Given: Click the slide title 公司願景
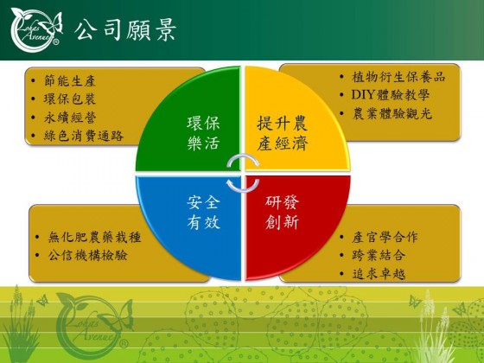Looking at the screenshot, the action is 125,29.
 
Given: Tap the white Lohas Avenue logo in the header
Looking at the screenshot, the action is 36,29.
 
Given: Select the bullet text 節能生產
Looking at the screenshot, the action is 70,81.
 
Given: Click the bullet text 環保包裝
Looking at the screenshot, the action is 70,99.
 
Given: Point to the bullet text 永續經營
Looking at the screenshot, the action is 70,118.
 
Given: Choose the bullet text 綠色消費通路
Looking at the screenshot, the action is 83,136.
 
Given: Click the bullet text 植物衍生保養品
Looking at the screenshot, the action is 398,77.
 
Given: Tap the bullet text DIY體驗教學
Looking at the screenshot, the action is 391,95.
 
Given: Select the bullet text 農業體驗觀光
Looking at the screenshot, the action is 392,113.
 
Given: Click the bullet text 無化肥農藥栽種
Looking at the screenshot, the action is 94,237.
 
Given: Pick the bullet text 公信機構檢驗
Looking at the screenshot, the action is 87,255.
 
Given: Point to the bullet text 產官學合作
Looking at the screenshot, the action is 385,237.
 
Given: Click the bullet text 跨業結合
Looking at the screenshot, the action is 379,255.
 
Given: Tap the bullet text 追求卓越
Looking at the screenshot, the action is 379,274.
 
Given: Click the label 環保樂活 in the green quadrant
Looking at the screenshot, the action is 203,133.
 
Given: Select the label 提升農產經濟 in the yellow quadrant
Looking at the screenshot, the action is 283,133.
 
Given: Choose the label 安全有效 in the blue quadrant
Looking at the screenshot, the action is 203,213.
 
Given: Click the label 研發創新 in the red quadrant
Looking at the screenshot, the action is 282,213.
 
